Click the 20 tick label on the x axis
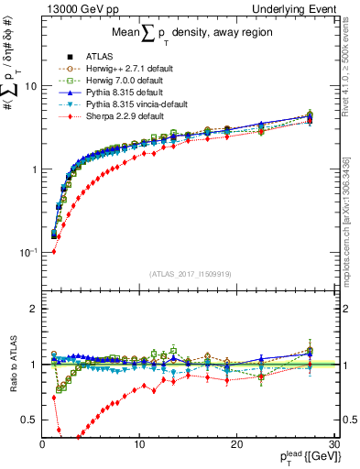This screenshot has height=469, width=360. pos(236,445)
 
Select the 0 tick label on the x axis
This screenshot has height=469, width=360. pos(42,445)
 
